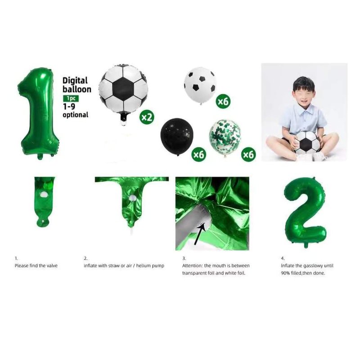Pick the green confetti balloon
tap(225, 137)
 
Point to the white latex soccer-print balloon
tap(200, 85)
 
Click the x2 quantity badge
tap(147, 117)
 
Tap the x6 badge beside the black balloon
tap(199, 154)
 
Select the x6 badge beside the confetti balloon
tap(248, 154)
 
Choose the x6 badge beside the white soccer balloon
tap(223, 101)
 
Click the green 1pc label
tap(71, 99)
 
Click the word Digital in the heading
tap(75, 81)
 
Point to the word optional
tap(75, 115)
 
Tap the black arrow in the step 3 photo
tap(199, 234)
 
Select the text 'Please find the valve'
tap(36, 265)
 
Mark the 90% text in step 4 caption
tap(285, 273)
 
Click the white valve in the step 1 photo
tap(43, 195)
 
